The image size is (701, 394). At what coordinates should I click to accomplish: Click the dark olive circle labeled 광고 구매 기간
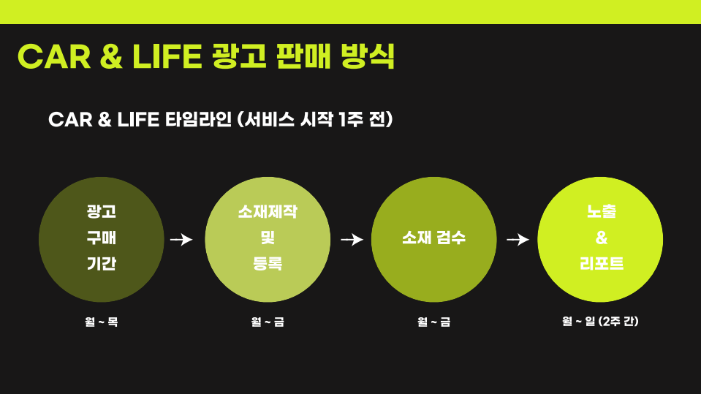tap(102, 239)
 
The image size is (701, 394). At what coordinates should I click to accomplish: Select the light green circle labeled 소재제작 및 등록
tap(268, 239)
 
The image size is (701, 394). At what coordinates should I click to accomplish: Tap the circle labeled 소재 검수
tap(433, 239)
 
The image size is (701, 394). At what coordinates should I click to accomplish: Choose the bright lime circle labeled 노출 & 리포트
tap(600, 239)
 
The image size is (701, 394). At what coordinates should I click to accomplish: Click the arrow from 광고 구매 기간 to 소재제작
tap(181, 240)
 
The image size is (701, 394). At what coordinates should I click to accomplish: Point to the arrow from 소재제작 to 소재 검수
tap(352, 240)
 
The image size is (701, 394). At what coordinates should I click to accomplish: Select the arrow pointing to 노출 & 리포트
tap(518, 240)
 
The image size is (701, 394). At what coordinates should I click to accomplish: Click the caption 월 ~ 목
tap(102, 322)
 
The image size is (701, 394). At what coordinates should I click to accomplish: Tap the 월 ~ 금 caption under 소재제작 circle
tap(268, 322)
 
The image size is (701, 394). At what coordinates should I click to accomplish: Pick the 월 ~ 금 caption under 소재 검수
tap(433, 322)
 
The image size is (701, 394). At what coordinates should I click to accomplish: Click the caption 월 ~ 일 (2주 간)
tap(600, 321)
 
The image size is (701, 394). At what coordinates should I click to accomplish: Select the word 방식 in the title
tap(368, 56)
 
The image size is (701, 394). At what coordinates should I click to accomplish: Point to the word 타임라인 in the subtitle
tap(198, 119)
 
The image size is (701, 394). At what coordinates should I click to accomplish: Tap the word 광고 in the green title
tap(239, 56)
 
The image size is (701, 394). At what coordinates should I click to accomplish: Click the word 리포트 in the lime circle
tap(602, 263)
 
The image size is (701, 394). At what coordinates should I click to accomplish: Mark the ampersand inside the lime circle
tap(602, 238)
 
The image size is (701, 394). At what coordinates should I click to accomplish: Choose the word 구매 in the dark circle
tap(102, 238)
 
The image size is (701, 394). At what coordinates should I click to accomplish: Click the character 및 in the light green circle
tap(268, 238)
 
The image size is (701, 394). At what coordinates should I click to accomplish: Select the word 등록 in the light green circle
tap(268, 263)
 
